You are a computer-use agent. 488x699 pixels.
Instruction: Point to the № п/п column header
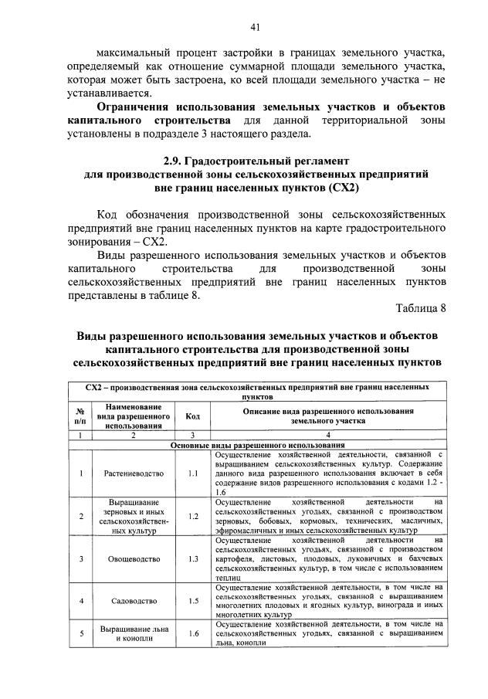point(80,416)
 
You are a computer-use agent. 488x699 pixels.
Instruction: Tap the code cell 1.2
point(193,516)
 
